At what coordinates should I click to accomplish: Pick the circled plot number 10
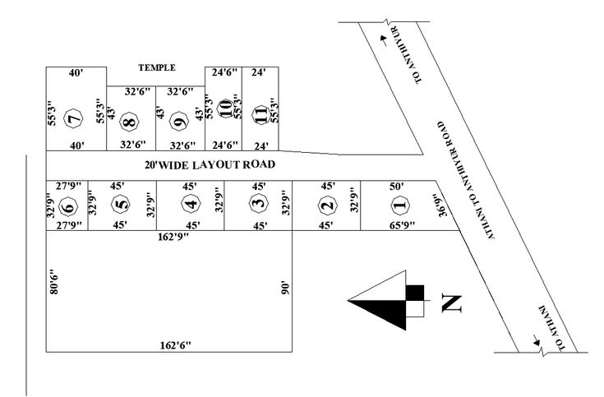click(x=225, y=113)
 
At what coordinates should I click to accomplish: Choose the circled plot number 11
click(x=261, y=113)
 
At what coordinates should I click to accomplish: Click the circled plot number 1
click(x=399, y=205)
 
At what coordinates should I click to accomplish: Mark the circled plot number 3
click(x=259, y=203)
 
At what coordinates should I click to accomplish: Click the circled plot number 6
click(x=69, y=205)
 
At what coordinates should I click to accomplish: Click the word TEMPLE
click(x=157, y=68)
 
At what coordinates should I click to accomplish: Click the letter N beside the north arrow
click(x=450, y=303)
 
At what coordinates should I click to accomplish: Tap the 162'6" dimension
click(x=174, y=346)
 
